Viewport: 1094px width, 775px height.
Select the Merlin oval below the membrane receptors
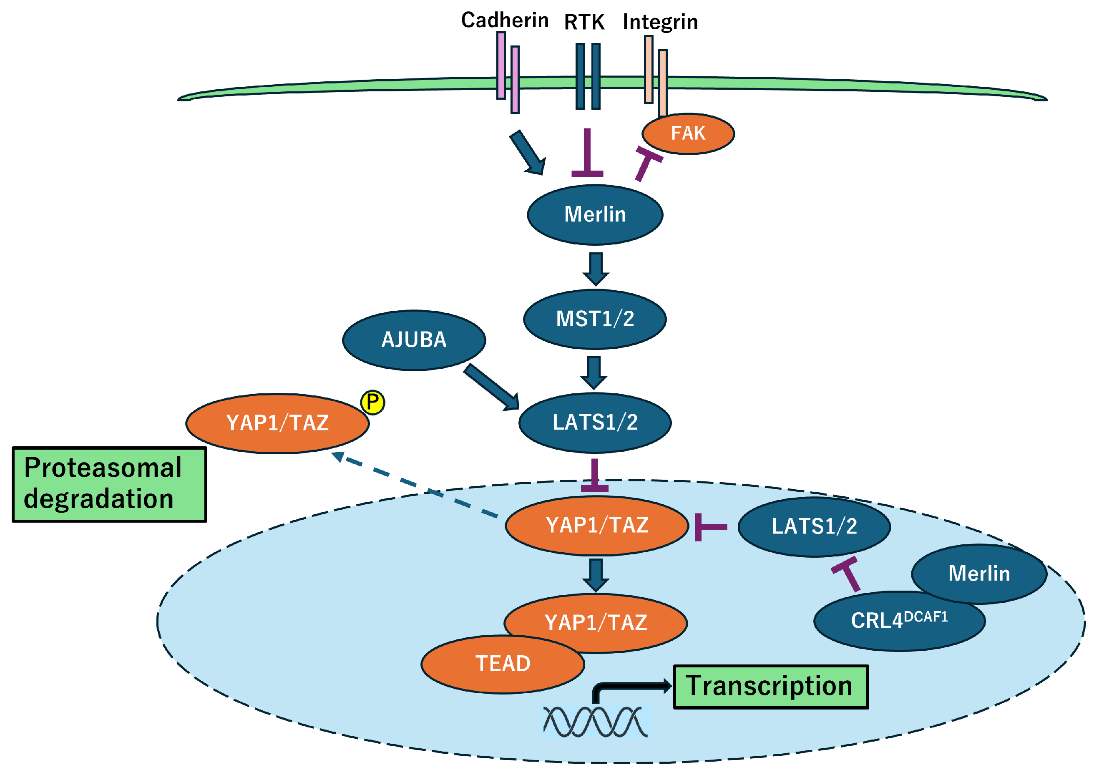594,215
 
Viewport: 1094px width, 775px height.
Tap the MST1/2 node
594,319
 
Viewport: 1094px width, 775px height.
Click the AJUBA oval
414,340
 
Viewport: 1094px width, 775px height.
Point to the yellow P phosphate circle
372,402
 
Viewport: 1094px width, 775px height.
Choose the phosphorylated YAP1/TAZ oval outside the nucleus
277,423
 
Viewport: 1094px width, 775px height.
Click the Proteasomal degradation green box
109,484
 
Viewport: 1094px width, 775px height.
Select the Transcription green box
770,686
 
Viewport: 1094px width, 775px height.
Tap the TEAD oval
503,664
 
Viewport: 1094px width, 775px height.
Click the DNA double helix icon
595,721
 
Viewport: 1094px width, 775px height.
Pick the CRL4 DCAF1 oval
899,621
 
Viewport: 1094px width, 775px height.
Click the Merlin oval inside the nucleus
978,573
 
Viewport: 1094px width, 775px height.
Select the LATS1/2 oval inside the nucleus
814,527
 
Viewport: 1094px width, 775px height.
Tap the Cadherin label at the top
504,20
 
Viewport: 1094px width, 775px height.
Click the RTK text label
584,22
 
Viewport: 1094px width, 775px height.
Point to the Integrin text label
660,22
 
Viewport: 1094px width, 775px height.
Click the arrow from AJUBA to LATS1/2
491,387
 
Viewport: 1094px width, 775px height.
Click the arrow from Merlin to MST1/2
596,269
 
